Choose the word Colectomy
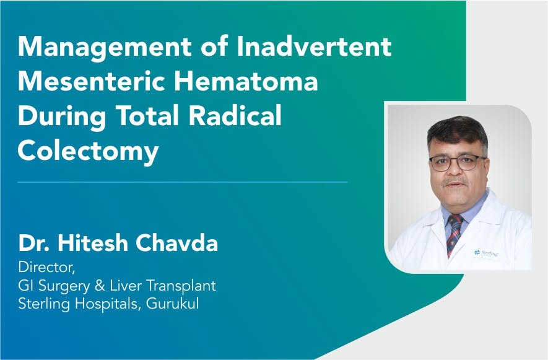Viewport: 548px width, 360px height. pyautogui.click(x=88, y=150)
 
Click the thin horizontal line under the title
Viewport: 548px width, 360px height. pyautogui.click(x=183, y=182)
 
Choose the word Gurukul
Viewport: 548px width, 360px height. pyautogui.click(x=176, y=304)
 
